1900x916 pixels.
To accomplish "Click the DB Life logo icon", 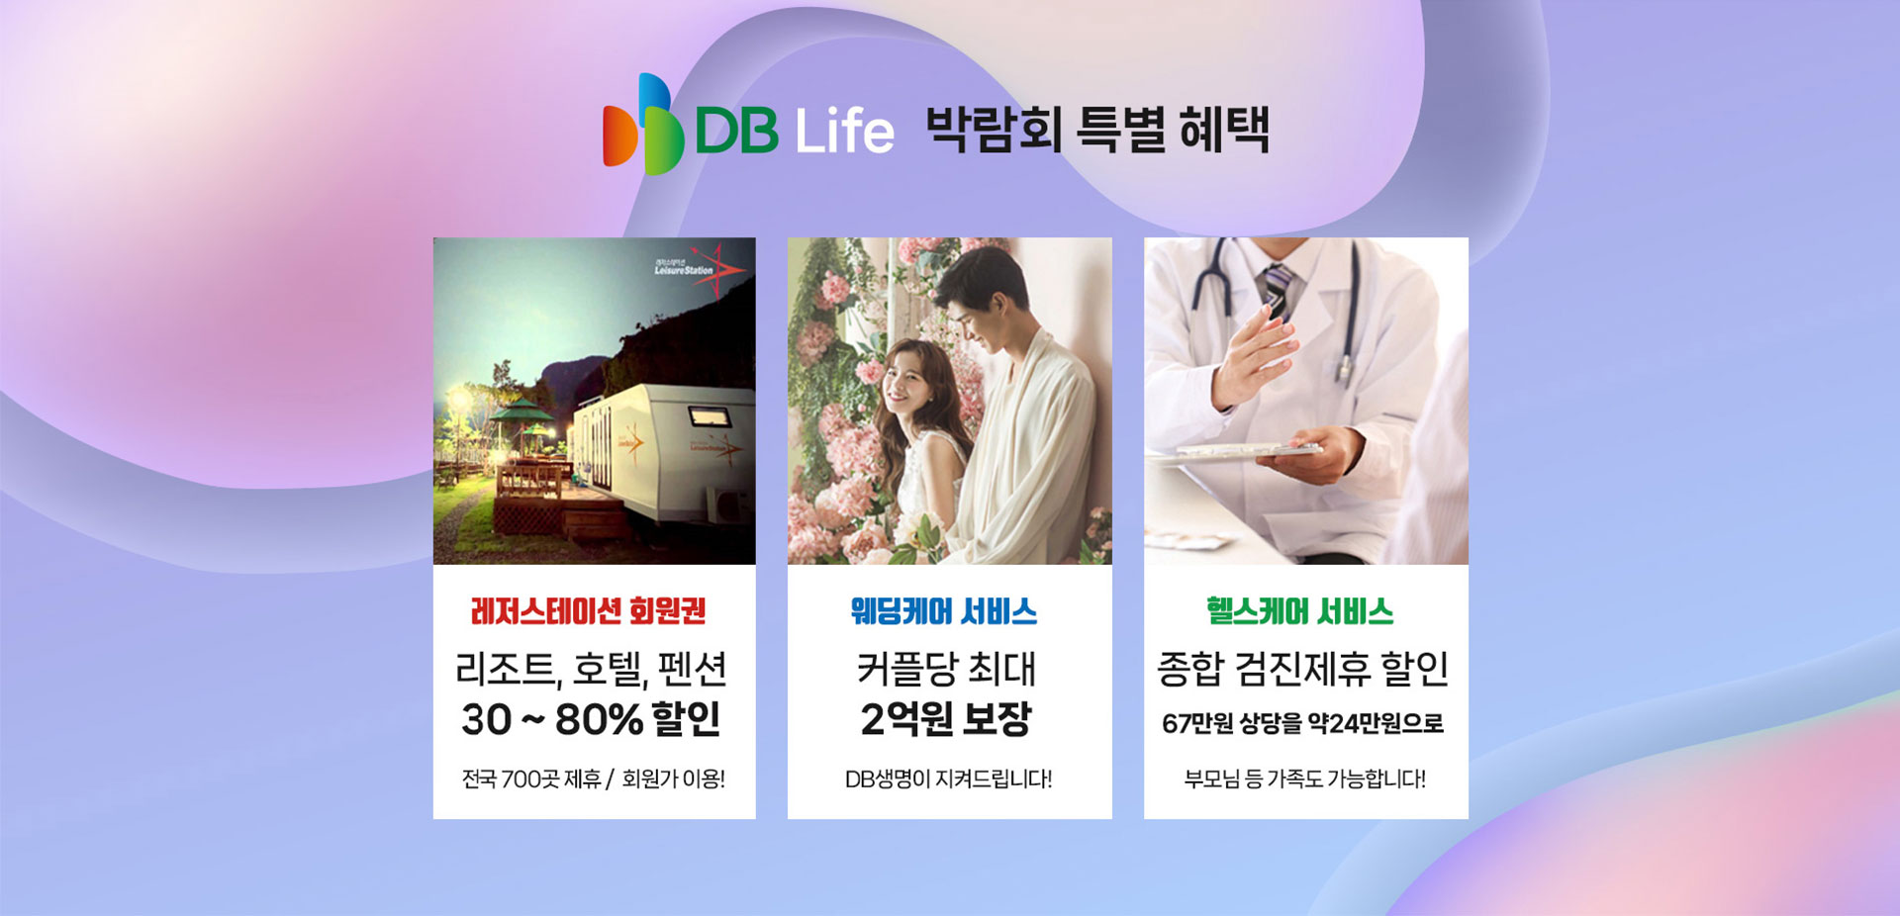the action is coord(643,125).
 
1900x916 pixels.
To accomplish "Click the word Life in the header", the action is coord(844,132).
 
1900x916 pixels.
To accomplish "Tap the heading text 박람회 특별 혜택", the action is coord(1096,130).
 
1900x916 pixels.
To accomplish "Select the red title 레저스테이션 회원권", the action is coord(589,611).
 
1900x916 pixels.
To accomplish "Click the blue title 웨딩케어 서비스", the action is coord(944,611).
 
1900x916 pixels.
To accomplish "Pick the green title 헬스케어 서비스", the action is coord(1300,611).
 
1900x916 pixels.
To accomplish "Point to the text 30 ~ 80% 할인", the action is coord(591,719).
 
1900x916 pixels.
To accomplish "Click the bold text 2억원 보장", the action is coord(946,719).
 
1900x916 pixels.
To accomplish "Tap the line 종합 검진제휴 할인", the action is coord(1302,669).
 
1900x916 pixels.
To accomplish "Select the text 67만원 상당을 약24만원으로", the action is coord(1302,724).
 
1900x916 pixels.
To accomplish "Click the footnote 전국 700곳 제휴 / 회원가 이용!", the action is coord(594,779).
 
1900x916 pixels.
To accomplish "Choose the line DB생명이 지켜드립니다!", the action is coord(948,779).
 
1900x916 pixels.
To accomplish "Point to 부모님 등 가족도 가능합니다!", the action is coord(1304,779).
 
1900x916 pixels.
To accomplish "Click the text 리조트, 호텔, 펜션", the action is coord(591,670).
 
